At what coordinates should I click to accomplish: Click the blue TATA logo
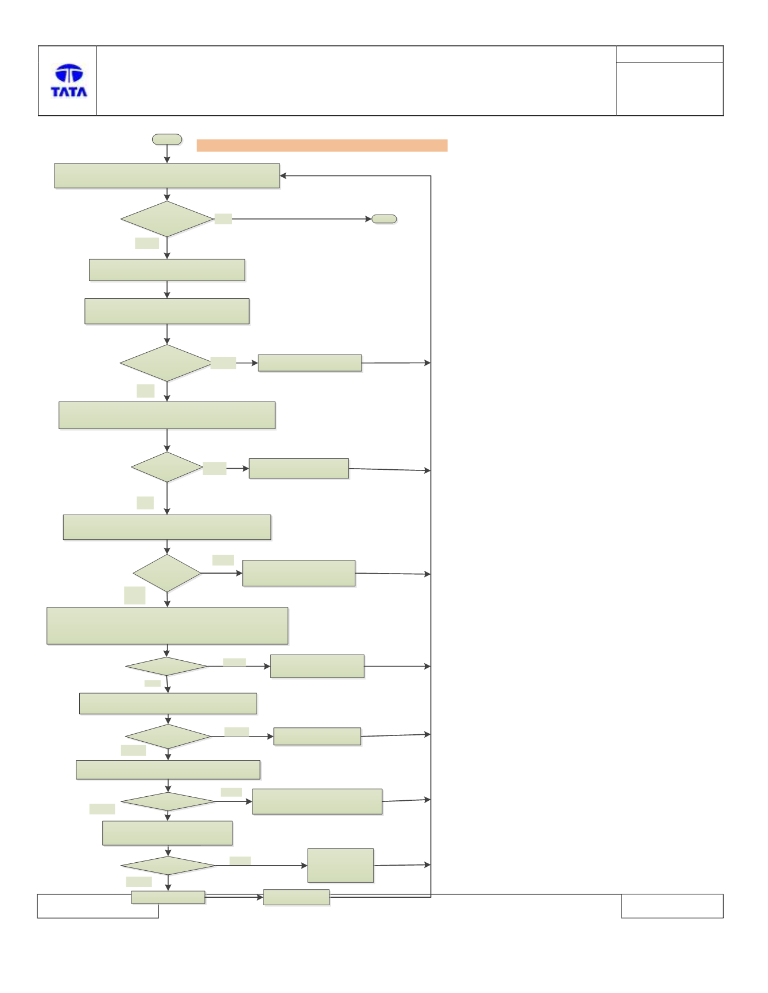click(x=69, y=80)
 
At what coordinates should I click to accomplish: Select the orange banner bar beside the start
click(x=322, y=145)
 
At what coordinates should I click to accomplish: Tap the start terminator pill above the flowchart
click(x=167, y=139)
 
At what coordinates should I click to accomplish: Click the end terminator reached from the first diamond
click(x=384, y=219)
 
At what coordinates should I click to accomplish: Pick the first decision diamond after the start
click(x=167, y=219)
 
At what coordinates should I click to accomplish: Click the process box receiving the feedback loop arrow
click(x=167, y=176)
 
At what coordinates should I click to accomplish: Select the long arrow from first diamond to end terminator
click(x=301, y=219)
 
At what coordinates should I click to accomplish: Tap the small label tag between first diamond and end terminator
click(x=223, y=219)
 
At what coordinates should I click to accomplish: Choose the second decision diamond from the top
click(x=166, y=363)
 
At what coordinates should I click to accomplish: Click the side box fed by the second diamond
click(x=310, y=363)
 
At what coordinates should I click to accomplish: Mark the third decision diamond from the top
click(x=167, y=467)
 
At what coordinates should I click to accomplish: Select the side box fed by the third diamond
click(x=299, y=468)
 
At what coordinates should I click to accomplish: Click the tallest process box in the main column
click(x=168, y=626)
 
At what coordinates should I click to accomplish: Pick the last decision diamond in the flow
click(x=168, y=866)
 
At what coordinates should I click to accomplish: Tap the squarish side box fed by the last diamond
click(x=340, y=866)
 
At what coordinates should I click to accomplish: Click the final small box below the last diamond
click(x=168, y=897)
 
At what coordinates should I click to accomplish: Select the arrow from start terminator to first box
click(x=167, y=154)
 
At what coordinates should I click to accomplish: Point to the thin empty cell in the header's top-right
click(x=669, y=54)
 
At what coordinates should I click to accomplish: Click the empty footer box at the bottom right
click(x=672, y=906)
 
